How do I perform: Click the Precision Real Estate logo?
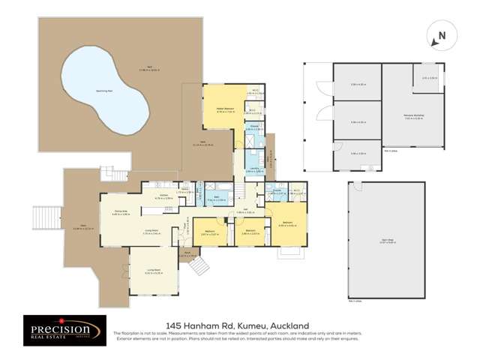61,330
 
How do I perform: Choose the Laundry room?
255,169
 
